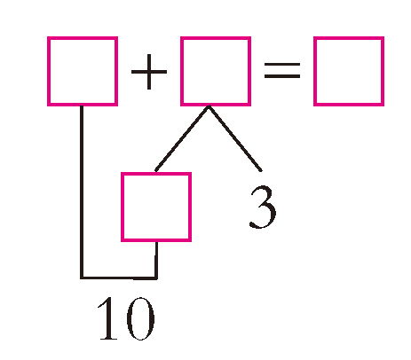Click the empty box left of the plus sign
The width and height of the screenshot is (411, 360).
(x=48, y=71)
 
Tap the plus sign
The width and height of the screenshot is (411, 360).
(x=149, y=72)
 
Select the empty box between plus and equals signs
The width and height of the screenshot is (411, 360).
(x=181, y=71)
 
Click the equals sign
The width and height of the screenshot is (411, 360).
(x=282, y=70)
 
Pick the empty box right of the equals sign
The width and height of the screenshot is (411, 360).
(x=314, y=71)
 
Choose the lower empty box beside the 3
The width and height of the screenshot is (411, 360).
(x=122, y=207)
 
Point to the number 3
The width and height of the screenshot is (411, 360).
(x=263, y=207)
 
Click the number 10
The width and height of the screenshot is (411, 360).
(x=126, y=318)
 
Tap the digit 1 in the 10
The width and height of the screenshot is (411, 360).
(x=108, y=318)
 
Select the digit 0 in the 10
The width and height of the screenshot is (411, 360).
(x=140, y=319)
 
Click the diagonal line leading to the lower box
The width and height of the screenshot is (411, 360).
(x=182, y=138)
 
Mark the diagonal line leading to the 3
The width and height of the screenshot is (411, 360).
(x=235, y=138)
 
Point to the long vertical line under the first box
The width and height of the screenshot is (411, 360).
(x=82, y=192)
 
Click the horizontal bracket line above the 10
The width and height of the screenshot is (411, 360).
(x=119, y=278)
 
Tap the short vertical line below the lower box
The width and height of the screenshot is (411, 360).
(x=156, y=260)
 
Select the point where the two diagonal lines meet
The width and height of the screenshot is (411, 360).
(x=209, y=106)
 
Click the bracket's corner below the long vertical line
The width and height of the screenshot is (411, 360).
(x=82, y=278)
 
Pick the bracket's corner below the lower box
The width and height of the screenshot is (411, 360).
(x=156, y=278)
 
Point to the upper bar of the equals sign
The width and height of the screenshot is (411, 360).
(x=282, y=65)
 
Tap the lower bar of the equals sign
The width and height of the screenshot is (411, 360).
(x=282, y=76)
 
